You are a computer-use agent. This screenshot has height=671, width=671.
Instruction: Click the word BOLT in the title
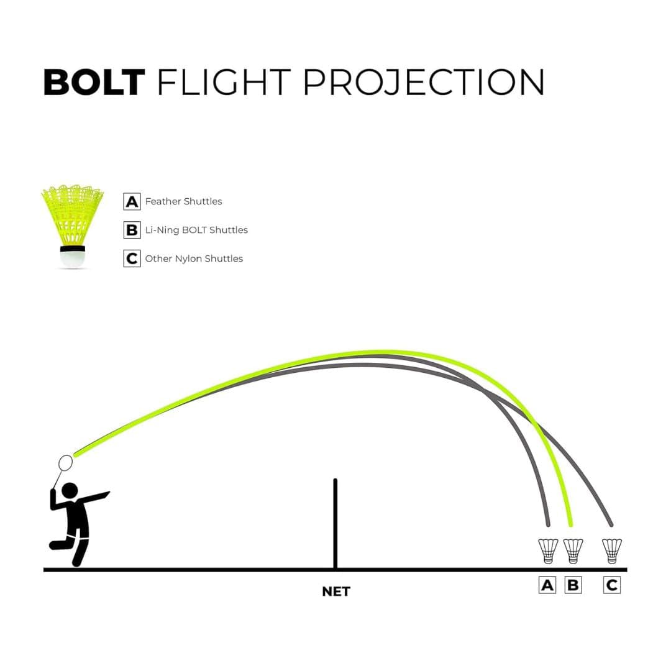point(94,82)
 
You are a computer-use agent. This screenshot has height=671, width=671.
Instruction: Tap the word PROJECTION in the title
point(424,82)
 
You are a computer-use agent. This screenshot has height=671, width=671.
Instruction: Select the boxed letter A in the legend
point(132,201)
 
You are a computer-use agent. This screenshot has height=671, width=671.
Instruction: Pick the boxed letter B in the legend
point(132,230)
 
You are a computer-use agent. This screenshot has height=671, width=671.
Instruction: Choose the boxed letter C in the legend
point(132,258)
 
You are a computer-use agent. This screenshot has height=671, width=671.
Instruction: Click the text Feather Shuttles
point(183,201)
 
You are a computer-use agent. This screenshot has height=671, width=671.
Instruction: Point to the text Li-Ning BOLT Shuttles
point(196,230)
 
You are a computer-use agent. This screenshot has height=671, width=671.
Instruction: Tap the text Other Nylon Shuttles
point(194,258)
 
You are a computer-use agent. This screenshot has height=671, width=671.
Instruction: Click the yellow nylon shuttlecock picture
point(72,226)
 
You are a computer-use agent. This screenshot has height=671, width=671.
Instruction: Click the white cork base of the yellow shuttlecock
point(72,259)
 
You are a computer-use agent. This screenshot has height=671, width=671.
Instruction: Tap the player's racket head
point(65,463)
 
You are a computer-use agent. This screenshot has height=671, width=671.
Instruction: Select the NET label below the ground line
point(336,591)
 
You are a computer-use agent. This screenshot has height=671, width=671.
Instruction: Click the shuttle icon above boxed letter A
point(548,551)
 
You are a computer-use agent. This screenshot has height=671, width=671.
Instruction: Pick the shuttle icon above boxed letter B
point(573,551)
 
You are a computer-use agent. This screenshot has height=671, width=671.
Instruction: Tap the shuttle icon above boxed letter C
point(611,551)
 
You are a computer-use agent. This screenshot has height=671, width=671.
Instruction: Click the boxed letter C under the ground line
point(611,585)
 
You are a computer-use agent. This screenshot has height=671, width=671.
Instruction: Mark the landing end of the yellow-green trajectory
point(570,524)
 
